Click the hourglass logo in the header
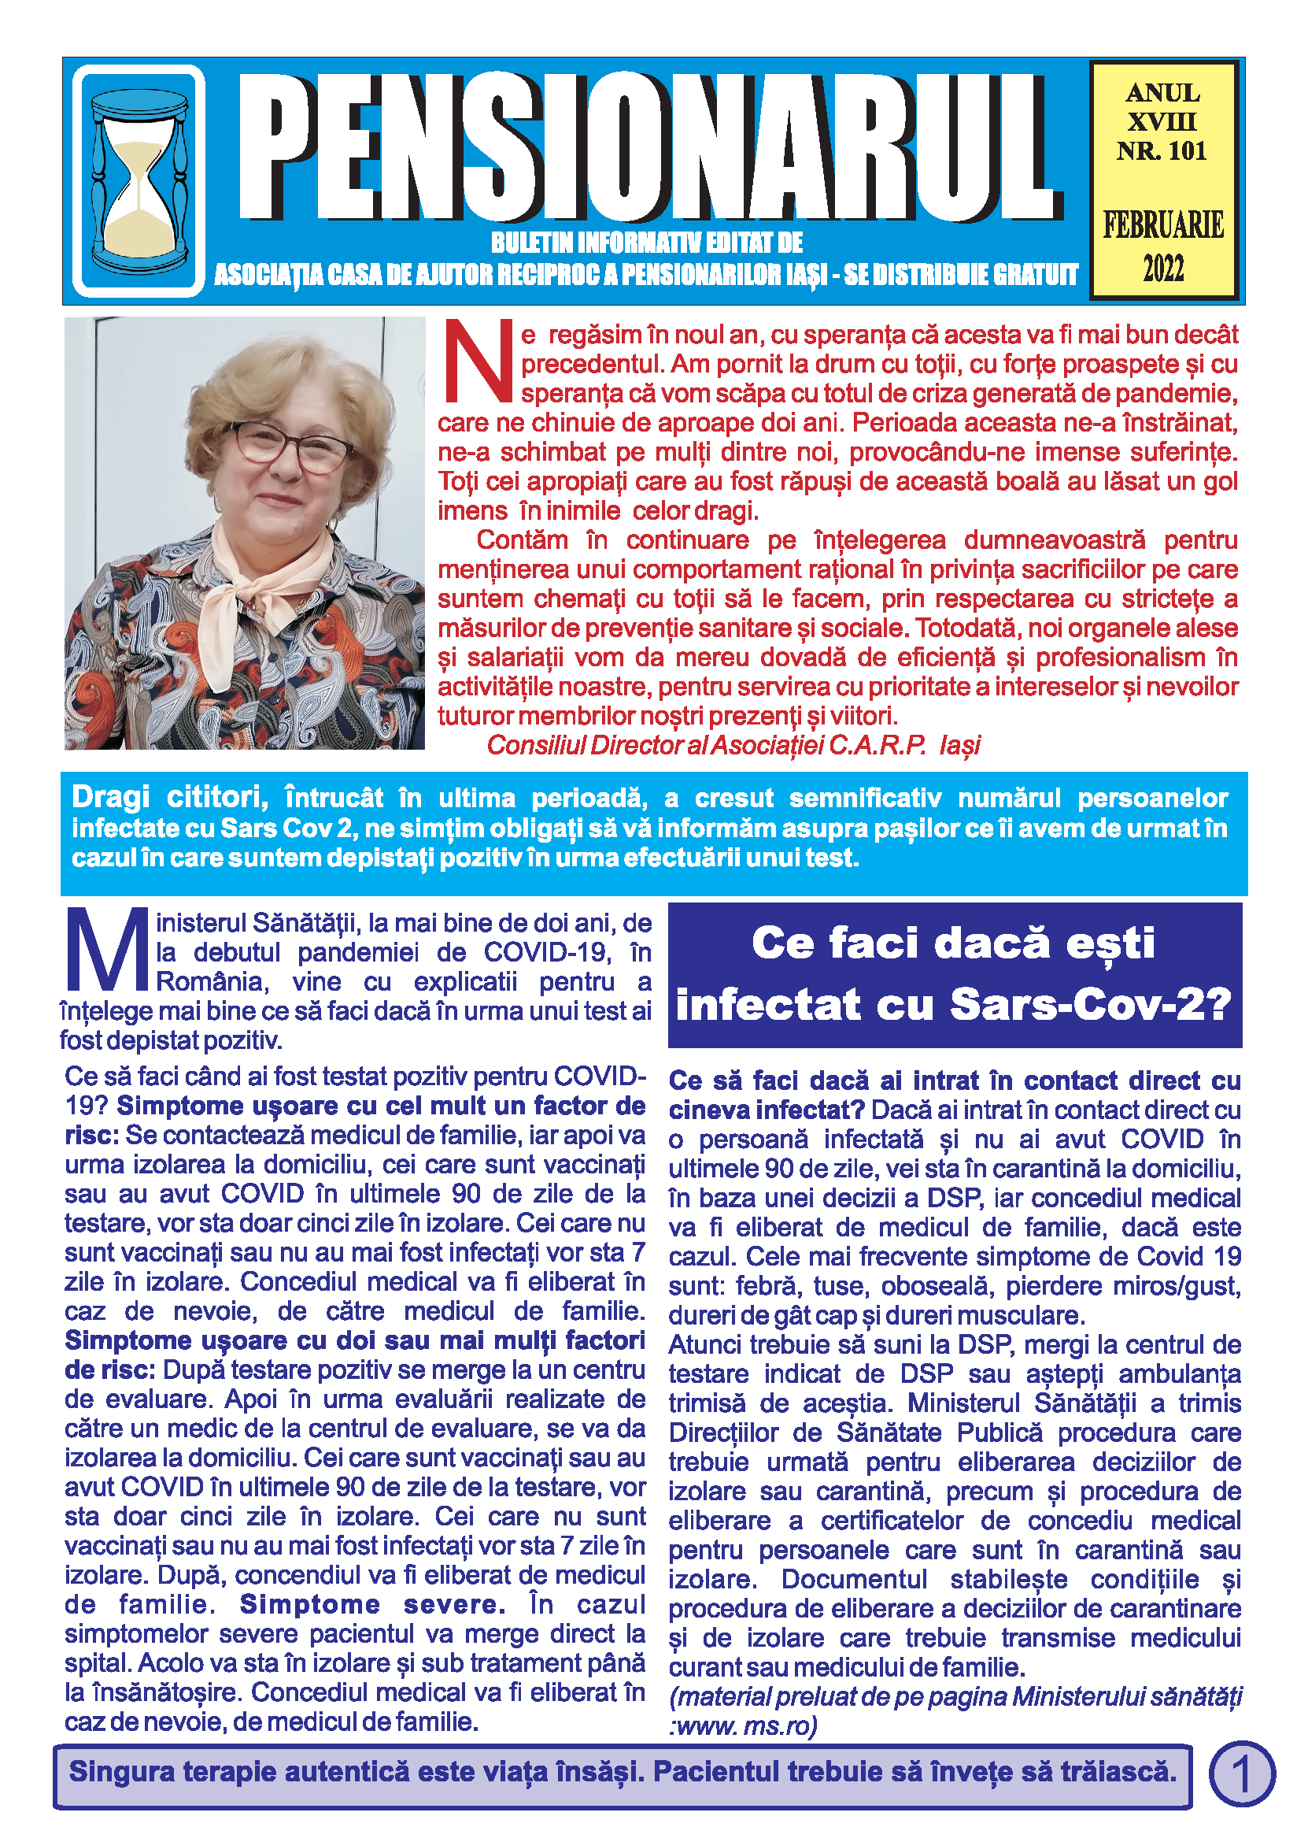pyautogui.click(x=139, y=181)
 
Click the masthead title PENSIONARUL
pyautogui.click(x=648, y=146)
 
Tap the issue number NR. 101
pyautogui.click(x=1162, y=150)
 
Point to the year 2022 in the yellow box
pyautogui.click(x=1163, y=269)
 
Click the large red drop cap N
pyautogui.click(x=478, y=361)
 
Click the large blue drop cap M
pyautogui.click(x=105, y=951)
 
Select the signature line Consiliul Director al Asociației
pyautogui.click(x=733, y=745)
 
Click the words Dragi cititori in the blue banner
pyautogui.click(x=169, y=798)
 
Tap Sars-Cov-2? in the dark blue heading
pyautogui.click(x=1091, y=1005)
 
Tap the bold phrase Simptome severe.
pyautogui.click(x=372, y=1604)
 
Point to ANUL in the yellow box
pyautogui.click(x=1162, y=94)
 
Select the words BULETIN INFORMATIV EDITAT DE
pyautogui.click(x=647, y=243)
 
